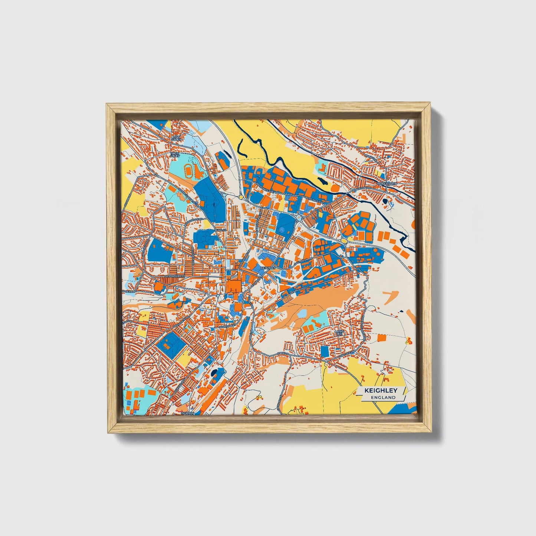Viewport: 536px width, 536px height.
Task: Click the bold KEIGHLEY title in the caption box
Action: coord(381,391)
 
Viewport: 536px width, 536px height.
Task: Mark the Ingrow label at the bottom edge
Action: coord(187,413)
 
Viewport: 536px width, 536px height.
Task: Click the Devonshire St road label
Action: coord(174,277)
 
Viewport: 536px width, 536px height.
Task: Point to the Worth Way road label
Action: coord(226,326)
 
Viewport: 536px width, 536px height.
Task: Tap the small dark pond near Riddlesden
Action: coord(385,201)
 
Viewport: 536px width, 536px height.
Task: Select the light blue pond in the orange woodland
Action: coord(302,314)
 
